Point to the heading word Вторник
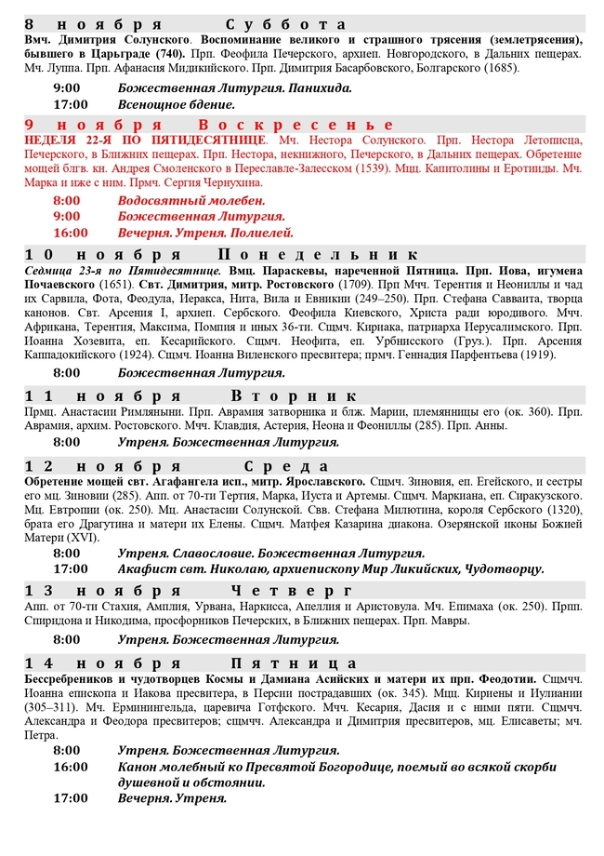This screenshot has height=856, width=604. pyautogui.click(x=293, y=395)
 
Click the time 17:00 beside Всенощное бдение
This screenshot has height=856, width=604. pyautogui.click(x=71, y=104)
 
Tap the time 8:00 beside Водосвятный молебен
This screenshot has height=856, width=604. pyautogui.click(x=67, y=200)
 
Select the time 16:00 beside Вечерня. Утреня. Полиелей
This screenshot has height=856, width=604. pyautogui.click(x=71, y=233)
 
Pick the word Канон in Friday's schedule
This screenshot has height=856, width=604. pyautogui.click(x=138, y=767)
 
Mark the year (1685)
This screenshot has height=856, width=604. pyautogui.click(x=502, y=68)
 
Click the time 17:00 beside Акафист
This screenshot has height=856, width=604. pyautogui.click(x=71, y=568)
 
